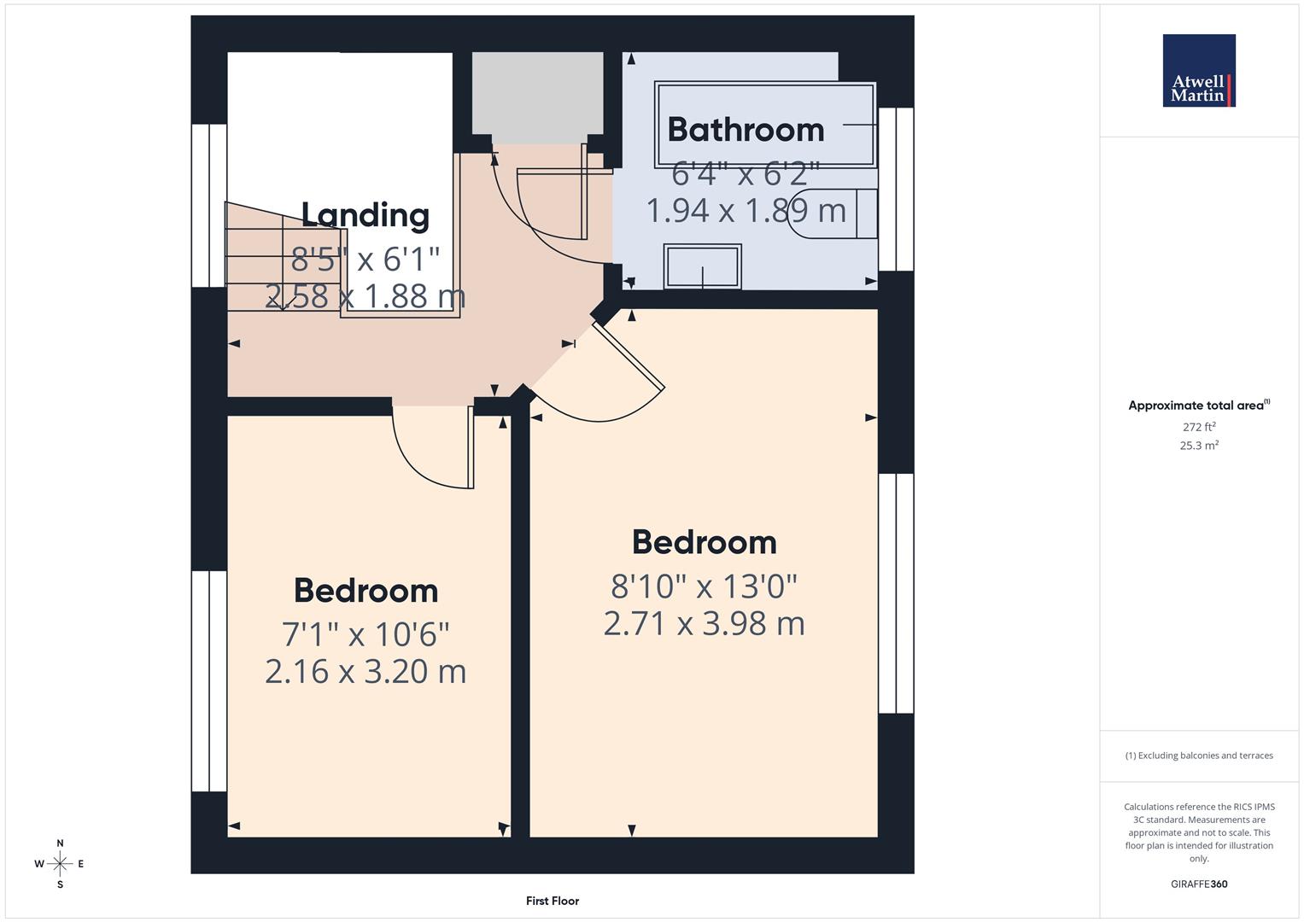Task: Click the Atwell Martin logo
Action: coord(1198,71)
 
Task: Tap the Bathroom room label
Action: coord(746,130)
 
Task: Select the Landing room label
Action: coord(365,215)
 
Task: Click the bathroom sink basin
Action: coord(702,266)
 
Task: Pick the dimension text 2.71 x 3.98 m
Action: coord(704,623)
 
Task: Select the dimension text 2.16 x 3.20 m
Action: coord(365,672)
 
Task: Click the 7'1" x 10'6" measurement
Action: coord(365,634)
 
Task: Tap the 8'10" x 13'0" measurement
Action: coord(704,586)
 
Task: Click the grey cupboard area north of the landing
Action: coord(537,96)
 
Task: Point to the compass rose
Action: coord(60,864)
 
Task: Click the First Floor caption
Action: coord(553,901)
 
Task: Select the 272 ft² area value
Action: coord(1199,427)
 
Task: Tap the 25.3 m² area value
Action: coord(1199,445)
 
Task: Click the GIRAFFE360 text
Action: coord(1199,884)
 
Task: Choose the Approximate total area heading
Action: coord(1198,406)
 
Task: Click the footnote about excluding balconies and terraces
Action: coord(1199,756)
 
